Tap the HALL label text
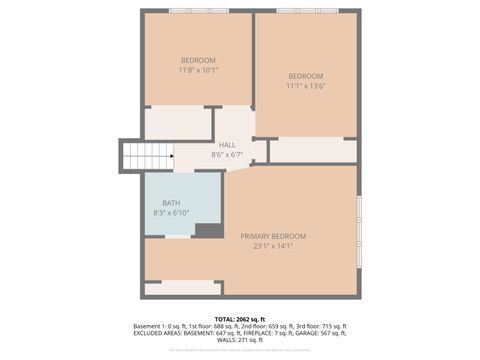coord(227,145)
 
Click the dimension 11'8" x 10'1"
coord(198,70)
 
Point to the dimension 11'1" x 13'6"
coord(306,87)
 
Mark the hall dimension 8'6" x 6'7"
coord(227,155)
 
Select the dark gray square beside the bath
coord(209,231)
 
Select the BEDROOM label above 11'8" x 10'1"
coord(198,60)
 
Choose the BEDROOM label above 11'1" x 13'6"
coord(306,77)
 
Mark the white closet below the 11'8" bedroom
coord(178,123)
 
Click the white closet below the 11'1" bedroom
coord(312,150)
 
